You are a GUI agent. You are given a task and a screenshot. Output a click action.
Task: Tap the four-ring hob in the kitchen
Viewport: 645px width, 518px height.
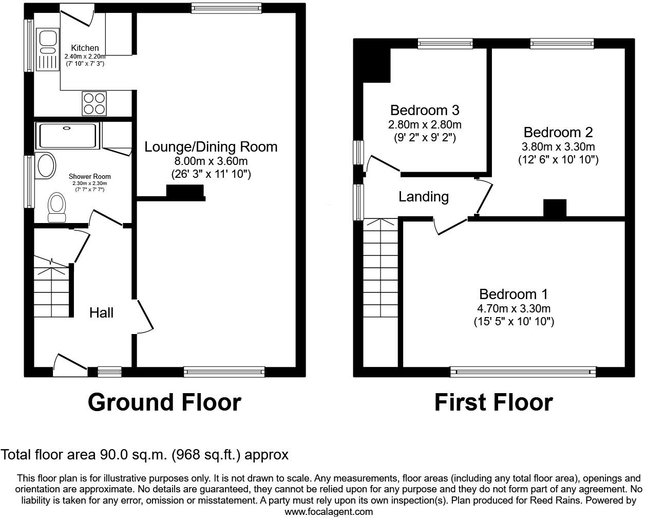(x=94, y=103)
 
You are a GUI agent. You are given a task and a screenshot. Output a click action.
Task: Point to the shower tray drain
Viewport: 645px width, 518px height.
(x=67, y=128)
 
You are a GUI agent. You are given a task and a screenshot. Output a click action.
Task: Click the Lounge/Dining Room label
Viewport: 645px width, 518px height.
(x=211, y=147)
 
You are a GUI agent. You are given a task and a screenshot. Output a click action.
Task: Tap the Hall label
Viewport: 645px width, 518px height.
(x=101, y=312)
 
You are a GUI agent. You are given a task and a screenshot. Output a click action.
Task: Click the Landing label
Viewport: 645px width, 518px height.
(x=424, y=196)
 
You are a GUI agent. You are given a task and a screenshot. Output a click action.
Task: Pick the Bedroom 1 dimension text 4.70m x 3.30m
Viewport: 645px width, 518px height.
(x=514, y=308)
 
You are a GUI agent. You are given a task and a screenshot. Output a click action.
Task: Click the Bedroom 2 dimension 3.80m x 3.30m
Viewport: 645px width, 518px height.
(x=558, y=146)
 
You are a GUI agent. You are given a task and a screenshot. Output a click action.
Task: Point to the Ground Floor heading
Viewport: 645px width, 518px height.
(x=164, y=402)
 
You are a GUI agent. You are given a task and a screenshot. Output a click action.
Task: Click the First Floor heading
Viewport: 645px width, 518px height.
(x=494, y=402)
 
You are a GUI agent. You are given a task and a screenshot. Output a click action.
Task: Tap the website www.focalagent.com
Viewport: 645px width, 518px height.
(x=329, y=511)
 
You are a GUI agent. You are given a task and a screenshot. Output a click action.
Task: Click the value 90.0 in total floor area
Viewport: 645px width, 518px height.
(x=111, y=454)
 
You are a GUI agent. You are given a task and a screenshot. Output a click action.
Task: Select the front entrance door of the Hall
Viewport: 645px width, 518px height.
(x=70, y=362)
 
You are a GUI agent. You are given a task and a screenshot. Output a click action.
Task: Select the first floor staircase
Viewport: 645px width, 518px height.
(x=381, y=267)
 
